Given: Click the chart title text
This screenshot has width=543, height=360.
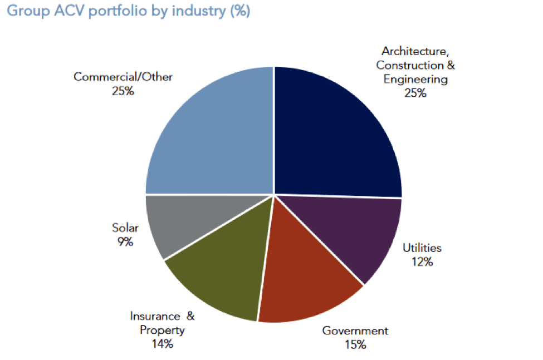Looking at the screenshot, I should pos(128,11).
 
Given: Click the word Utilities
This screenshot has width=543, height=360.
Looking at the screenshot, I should pos(422,248).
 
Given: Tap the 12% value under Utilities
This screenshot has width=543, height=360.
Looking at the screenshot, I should pos(422,262).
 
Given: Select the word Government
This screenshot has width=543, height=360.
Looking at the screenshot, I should pos(355,331).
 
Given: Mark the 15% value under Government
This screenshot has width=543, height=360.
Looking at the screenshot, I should pos(355,344).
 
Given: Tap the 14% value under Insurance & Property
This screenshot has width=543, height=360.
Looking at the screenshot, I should pos(162,344).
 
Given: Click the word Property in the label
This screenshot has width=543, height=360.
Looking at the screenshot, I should pos(162,330).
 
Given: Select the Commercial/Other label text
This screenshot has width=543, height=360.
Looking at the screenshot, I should pos(123,77).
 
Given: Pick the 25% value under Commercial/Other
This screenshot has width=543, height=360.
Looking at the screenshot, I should pos(123,91).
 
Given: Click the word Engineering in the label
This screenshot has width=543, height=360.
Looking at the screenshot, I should pos(415,79).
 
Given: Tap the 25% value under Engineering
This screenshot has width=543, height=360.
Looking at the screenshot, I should pos(415,93).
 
